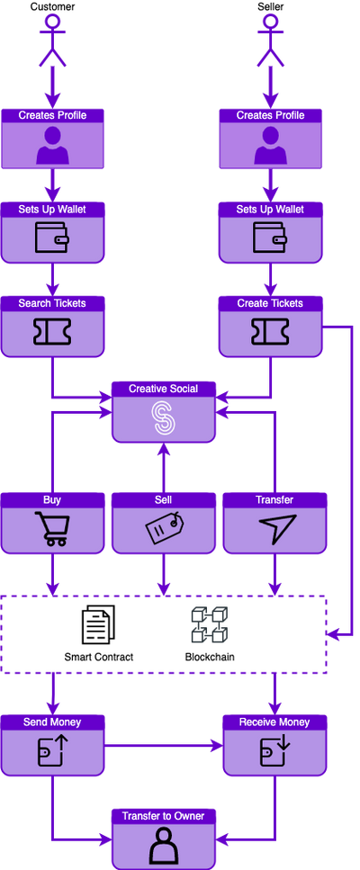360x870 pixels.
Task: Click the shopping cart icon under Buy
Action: [51, 529]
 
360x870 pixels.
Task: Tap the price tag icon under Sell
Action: [163, 529]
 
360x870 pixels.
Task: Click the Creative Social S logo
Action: [163, 417]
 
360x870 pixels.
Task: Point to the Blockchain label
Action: [210, 657]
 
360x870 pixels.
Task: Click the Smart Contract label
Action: [99, 657]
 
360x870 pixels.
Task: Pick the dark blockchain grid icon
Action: [209, 623]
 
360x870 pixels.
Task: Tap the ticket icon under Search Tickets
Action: [51, 332]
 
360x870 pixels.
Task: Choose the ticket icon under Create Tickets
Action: [271, 332]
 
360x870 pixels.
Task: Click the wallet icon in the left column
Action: [51, 238]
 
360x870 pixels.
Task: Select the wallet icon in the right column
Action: [271, 238]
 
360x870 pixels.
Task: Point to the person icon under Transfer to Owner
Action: [163, 846]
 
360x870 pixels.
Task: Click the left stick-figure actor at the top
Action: [52, 40]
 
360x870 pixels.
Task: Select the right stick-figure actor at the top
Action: [271, 40]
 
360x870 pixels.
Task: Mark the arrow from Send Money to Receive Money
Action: [162, 746]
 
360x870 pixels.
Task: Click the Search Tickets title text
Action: [52, 303]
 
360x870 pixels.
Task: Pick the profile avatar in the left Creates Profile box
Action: [52, 144]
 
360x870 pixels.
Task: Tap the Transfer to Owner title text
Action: [163, 816]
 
